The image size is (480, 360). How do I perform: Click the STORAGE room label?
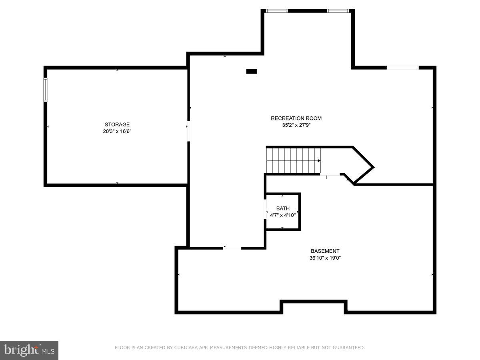(x=117, y=124)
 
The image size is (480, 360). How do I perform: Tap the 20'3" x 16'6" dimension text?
(x=117, y=131)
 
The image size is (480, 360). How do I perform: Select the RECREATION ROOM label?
(x=296, y=118)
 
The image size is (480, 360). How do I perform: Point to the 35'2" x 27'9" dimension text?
(x=296, y=125)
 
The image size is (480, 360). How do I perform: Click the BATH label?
(x=283, y=208)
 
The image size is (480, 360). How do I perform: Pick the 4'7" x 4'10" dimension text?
(x=283, y=215)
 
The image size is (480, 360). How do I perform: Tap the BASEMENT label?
(x=325, y=251)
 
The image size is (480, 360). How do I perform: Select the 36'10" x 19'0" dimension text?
(x=325, y=258)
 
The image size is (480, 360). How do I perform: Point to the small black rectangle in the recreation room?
(x=251, y=71)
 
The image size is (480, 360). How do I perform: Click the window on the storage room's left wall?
(x=46, y=90)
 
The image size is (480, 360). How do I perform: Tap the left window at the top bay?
(x=277, y=11)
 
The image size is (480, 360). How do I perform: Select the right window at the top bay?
(x=338, y=11)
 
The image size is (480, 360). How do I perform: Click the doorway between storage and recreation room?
(x=188, y=131)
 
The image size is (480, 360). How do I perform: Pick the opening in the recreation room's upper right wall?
(x=402, y=68)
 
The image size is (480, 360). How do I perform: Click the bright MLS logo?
(x=29, y=350)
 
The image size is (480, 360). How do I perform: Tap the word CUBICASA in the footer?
(x=185, y=348)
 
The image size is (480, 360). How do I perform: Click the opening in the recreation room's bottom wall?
(x=232, y=248)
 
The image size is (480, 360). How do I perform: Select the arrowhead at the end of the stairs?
(x=319, y=161)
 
